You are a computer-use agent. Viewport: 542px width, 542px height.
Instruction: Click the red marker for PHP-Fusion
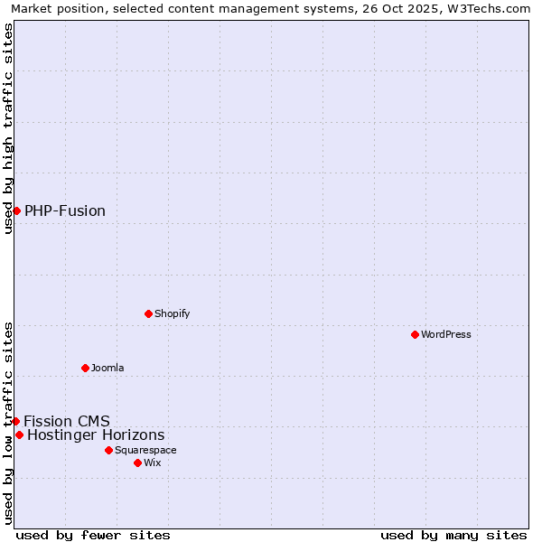[16, 210]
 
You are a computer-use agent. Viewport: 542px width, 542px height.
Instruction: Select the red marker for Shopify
[148, 313]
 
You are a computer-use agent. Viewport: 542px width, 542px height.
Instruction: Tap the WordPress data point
[415, 334]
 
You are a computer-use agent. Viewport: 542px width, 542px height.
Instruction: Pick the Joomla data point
[85, 368]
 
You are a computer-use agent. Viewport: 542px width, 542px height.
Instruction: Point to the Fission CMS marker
[15, 421]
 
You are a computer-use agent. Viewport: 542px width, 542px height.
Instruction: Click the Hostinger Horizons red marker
[19, 435]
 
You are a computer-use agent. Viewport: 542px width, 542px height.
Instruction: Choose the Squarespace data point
[108, 450]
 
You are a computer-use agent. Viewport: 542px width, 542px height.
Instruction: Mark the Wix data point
[137, 463]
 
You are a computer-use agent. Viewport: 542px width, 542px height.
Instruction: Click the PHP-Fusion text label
[65, 210]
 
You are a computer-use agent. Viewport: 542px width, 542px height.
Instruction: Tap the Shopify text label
[172, 313]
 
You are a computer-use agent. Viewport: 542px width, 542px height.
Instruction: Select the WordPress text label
[445, 334]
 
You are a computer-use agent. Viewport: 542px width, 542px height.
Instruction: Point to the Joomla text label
[107, 368]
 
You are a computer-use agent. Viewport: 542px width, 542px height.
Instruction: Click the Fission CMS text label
[67, 421]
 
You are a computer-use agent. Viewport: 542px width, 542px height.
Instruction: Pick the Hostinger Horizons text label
[96, 435]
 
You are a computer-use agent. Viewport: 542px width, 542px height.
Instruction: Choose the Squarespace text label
[145, 450]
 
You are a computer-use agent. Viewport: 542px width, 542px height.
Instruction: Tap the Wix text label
[152, 463]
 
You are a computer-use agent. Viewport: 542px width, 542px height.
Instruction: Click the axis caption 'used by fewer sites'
[93, 535]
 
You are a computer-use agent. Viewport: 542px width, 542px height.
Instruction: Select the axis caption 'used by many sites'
[453, 535]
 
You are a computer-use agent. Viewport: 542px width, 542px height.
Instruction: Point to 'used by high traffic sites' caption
[8, 128]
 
